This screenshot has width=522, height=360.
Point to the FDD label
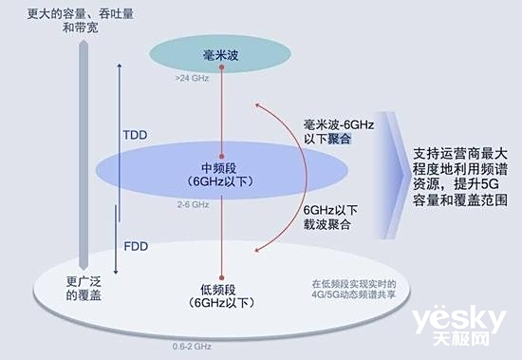tap(137, 245)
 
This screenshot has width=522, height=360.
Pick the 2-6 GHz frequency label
tap(191, 204)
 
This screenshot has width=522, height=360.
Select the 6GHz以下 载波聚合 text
tap(331, 218)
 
